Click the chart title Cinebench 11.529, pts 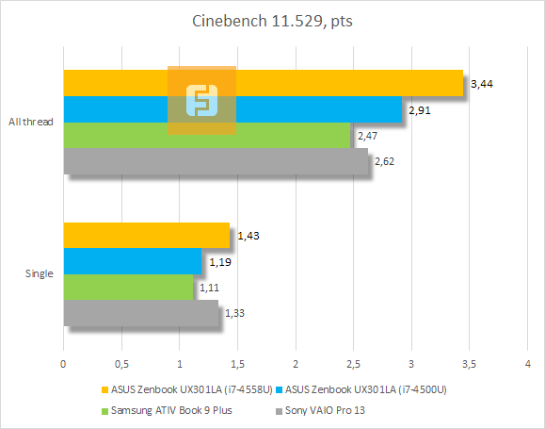point(272,20)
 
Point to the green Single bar point(127,287)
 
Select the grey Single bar point(140,313)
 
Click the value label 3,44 point(482,85)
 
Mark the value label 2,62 point(384,162)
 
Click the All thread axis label point(30,123)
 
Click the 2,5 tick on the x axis point(354,363)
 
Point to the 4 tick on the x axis point(528,363)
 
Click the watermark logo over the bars point(201,101)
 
